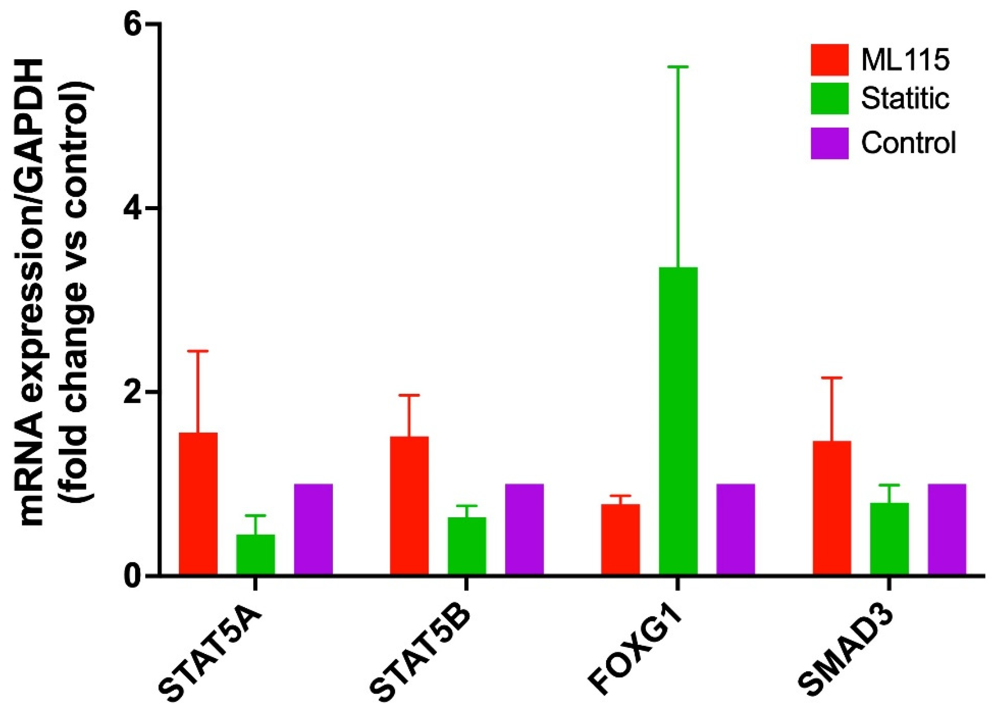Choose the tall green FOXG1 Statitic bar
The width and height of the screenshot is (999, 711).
(x=678, y=420)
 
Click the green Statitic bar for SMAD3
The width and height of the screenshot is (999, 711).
(x=889, y=538)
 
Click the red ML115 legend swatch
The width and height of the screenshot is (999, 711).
(x=829, y=60)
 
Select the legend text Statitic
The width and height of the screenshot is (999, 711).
(x=905, y=98)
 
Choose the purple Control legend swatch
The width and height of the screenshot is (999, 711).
(x=829, y=143)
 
